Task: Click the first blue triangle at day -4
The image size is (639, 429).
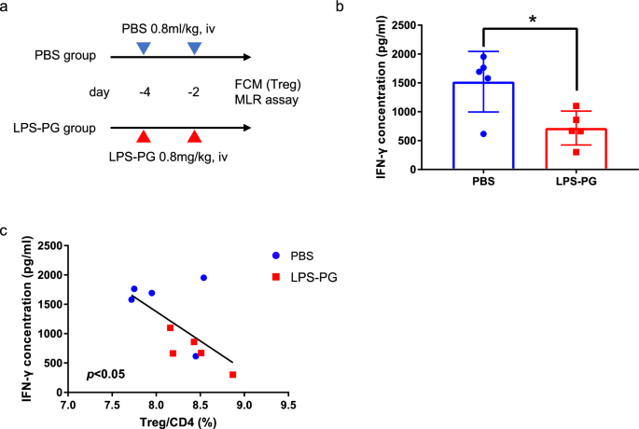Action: coord(142,47)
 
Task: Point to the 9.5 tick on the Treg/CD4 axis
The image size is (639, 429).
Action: coord(287,407)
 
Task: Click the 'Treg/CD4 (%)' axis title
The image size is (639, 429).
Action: coord(176,422)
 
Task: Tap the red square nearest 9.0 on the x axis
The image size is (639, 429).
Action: coord(232,375)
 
